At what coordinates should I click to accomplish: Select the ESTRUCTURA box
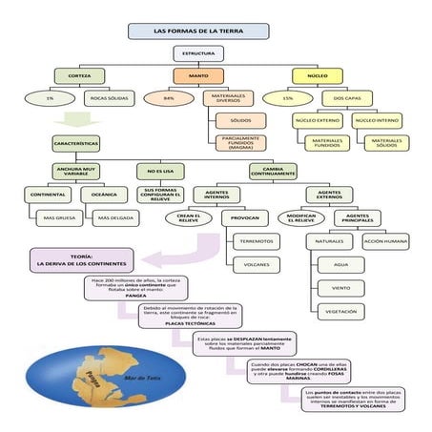(x=198, y=54)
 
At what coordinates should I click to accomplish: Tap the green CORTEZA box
(x=79, y=75)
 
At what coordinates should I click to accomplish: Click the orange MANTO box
(x=198, y=75)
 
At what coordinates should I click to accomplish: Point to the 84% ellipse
(x=169, y=97)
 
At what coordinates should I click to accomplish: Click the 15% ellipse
(x=288, y=97)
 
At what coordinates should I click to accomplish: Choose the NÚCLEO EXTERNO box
(x=318, y=120)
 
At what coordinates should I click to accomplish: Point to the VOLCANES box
(x=256, y=263)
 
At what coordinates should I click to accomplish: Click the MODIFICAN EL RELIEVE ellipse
(x=295, y=217)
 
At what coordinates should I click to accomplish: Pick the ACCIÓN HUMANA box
(x=385, y=241)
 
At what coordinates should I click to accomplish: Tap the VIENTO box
(x=339, y=286)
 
